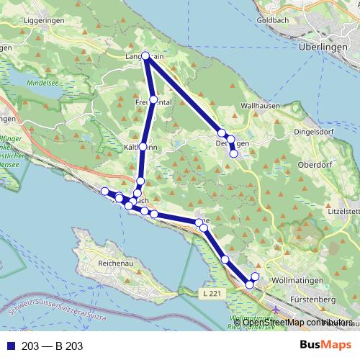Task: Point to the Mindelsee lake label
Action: pyautogui.click(x=42, y=83)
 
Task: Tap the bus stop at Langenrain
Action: pyautogui.click(x=146, y=55)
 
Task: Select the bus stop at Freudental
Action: pyautogui.click(x=153, y=99)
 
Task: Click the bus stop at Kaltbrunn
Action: pyautogui.click(x=143, y=147)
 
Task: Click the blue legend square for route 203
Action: pyautogui.click(x=9, y=346)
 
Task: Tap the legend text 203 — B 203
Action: pyautogui.click(x=52, y=346)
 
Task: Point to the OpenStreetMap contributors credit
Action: pyautogui.click(x=297, y=323)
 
